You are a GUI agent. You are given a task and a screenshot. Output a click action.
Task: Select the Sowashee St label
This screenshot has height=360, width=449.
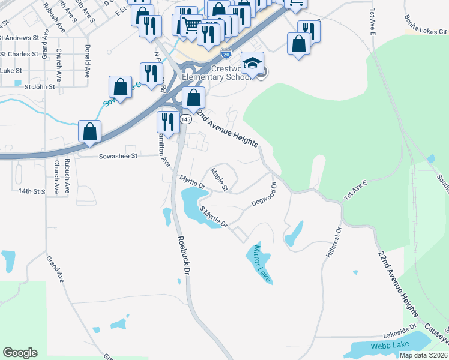click(x=118, y=156)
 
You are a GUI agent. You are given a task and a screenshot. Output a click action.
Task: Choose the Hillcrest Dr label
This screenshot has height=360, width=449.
click(x=333, y=242)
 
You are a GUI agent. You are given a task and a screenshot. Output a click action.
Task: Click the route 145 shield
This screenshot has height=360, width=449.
click(x=185, y=120)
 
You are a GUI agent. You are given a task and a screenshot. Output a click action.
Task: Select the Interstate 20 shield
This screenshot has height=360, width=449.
click(x=226, y=53)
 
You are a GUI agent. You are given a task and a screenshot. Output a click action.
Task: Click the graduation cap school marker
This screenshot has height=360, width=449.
click(x=253, y=64)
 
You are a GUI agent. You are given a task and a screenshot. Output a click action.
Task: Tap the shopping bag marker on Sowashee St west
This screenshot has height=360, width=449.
click(x=89, y=131)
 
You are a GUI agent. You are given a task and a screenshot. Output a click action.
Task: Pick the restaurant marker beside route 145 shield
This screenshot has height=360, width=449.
click(x=166, y=122)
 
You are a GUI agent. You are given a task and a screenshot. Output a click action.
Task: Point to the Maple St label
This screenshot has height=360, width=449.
click(x=218, y=179)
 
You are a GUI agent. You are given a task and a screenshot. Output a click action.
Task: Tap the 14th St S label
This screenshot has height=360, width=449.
click(x=31, y=191)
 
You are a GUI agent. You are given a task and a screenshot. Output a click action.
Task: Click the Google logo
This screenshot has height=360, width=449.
click(x=20, y=353)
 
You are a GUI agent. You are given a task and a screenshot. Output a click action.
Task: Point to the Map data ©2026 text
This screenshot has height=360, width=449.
click(x=423, y=355)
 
